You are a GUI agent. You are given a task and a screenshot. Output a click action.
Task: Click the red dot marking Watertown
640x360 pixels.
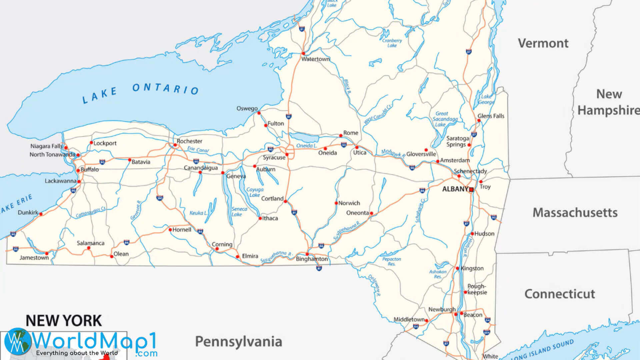pos(303,53)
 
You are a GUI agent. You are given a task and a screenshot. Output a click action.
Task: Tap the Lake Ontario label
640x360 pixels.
pos(140,92)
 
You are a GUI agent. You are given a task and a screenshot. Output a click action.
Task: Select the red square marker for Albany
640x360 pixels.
pos(471,190)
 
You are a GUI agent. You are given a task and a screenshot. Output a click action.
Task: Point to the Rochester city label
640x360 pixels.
pos(189,141)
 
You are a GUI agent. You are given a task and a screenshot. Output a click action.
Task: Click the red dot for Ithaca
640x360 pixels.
pos(260,218)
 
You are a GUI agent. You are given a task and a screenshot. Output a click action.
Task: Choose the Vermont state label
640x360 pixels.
pos(543,43)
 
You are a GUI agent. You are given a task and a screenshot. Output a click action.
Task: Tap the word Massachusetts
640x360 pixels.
pos(575,213)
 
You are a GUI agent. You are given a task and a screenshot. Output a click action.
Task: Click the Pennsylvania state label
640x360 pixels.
pos(238,342)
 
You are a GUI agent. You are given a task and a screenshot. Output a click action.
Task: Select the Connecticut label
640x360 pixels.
pos(560,294)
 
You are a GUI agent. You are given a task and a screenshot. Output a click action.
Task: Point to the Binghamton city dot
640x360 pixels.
pos(307,254)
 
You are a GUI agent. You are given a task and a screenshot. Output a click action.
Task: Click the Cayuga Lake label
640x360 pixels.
pos(255,192)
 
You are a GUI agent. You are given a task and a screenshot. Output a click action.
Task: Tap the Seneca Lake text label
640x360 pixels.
pos(239,212)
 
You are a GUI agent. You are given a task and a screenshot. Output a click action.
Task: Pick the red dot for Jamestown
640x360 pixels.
pos(47,254)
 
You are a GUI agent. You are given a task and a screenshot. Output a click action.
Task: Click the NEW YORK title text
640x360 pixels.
pos(64,321)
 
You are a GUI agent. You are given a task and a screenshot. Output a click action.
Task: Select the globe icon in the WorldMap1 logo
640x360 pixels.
pos(17,341)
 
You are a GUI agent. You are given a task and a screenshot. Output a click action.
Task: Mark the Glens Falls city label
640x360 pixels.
pos(491,116)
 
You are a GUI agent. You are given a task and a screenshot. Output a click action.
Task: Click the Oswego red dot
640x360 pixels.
pos(259,113)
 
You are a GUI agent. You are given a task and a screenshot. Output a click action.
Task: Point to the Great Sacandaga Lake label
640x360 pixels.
pos(445,119)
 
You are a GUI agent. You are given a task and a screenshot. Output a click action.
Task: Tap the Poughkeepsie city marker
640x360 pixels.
pos(465,292)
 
